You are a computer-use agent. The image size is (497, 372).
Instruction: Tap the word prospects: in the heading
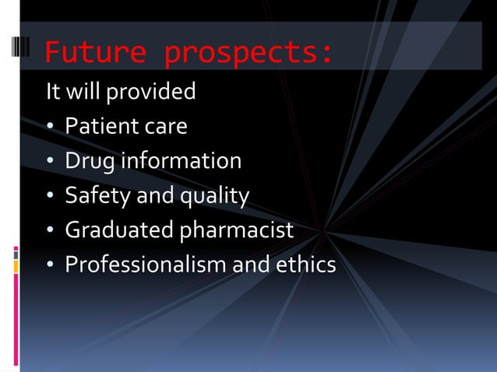pyautogui.click(x=249, y=52)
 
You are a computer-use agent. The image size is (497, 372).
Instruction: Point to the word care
pyautogui.click(x=165, y=127)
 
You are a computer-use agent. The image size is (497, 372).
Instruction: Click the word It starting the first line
pyautogui.click(x=52, y=92)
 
